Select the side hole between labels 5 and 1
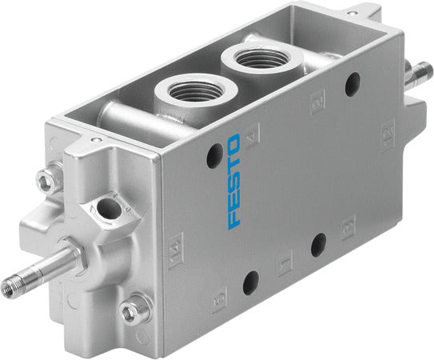pyautogui.click(x=251, y=281)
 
